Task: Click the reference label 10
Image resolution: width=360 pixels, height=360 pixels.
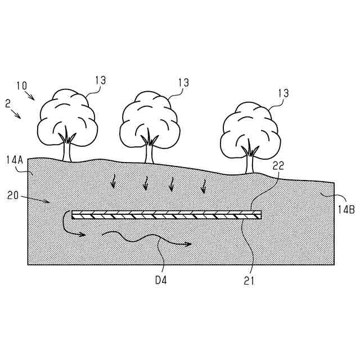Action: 21,86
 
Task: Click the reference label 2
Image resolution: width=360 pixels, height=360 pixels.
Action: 7,104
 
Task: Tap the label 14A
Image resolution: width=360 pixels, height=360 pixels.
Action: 14,160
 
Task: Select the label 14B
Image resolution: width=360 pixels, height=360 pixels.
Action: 345,209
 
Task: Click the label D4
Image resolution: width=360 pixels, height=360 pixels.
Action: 160,277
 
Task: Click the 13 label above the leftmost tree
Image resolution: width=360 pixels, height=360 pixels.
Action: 100,80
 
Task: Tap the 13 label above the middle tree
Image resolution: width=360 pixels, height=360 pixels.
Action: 183,82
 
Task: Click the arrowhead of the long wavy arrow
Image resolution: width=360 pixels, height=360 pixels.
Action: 188,244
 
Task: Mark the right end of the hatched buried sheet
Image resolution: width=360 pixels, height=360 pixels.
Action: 260,214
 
